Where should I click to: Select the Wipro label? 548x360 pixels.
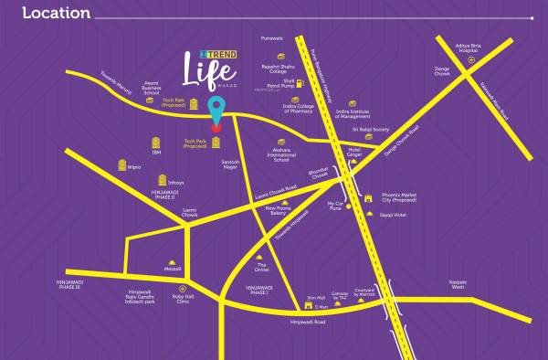click(135, 167)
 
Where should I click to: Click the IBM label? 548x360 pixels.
click(167, 154)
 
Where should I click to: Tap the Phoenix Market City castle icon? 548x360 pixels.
click(366, 197)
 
